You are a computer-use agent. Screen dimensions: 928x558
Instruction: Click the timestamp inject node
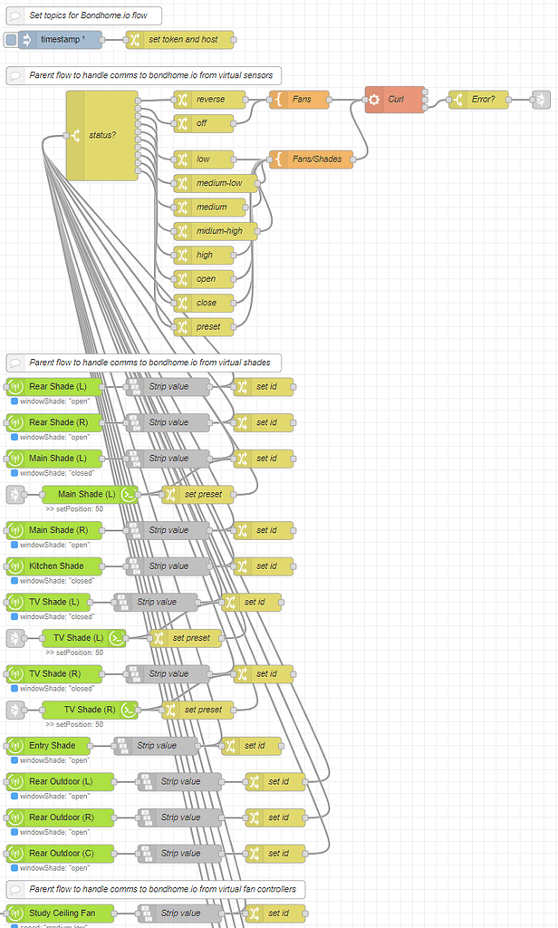click(x=62, y=40)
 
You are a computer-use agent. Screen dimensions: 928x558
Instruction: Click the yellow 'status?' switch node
click(x=101, y=136)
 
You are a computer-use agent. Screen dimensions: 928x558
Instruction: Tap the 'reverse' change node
click(x=209, y=100)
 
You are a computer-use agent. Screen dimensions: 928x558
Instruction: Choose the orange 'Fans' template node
click(x=300, y=100)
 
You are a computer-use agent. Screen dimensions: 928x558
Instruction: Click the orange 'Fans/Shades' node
click(x=310, y=159)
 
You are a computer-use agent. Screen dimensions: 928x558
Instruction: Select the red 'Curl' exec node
click(x=395, y=100)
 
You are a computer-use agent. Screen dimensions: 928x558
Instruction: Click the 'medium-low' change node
click(x=215, y=183)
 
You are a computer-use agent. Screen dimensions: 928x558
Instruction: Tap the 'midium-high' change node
click(x=215, y=231)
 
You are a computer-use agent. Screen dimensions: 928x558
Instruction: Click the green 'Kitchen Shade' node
click(x=54, y=566)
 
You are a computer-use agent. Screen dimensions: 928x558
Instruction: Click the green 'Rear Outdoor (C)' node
click(x=60, y=853)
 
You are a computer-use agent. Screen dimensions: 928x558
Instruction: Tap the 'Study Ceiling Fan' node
click(x=60, y=913)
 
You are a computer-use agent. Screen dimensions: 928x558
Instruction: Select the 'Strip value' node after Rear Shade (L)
click(x=168, y=387)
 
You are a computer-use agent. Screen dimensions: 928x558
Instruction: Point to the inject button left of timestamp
click(x=11, y=40)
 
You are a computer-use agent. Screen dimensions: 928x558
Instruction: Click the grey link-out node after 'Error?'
click(x=540, y=100)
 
